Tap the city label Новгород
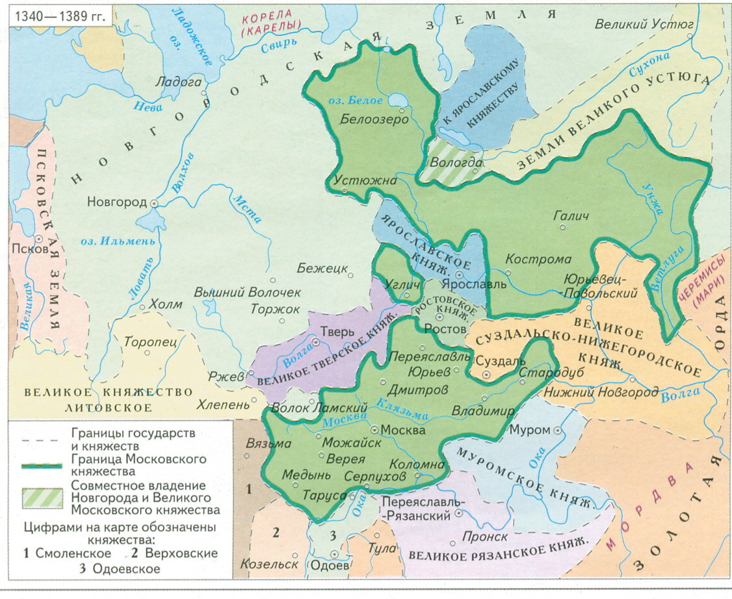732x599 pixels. coord(116,202)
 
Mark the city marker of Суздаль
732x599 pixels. coord(487,375)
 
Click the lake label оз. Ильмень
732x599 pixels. coord(118,241)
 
